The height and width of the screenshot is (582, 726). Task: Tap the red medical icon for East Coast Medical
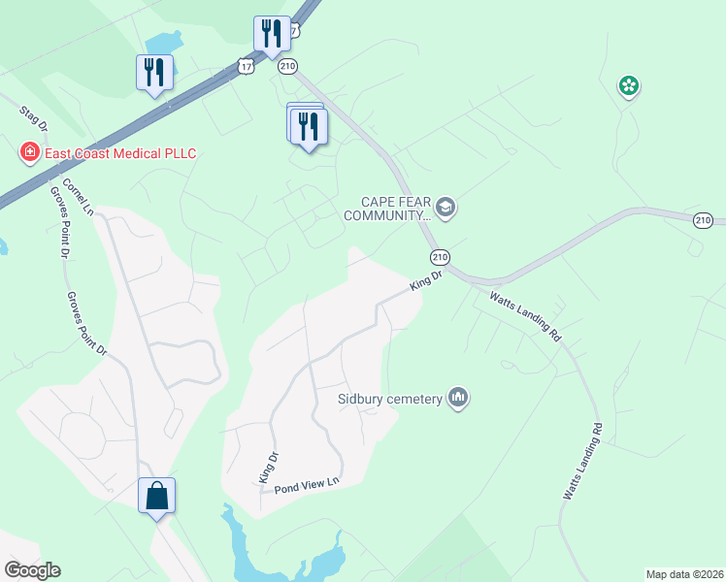tap(31, 152)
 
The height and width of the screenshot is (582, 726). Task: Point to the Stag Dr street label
tap(32, 117)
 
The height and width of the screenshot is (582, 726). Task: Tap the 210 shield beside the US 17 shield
tap(287, 66)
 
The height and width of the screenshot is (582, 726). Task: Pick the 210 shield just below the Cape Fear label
tap(440, 256)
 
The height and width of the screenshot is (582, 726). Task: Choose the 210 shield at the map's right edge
tap(704, 220)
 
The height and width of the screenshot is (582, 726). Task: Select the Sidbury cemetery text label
tap(389, 398)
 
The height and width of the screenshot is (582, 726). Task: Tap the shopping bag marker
tap(157, 496)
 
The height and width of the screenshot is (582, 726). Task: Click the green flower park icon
tap(629, 86)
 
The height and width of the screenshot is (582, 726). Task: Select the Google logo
tap(32, 570)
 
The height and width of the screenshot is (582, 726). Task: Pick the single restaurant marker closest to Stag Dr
tap(154, 73)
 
